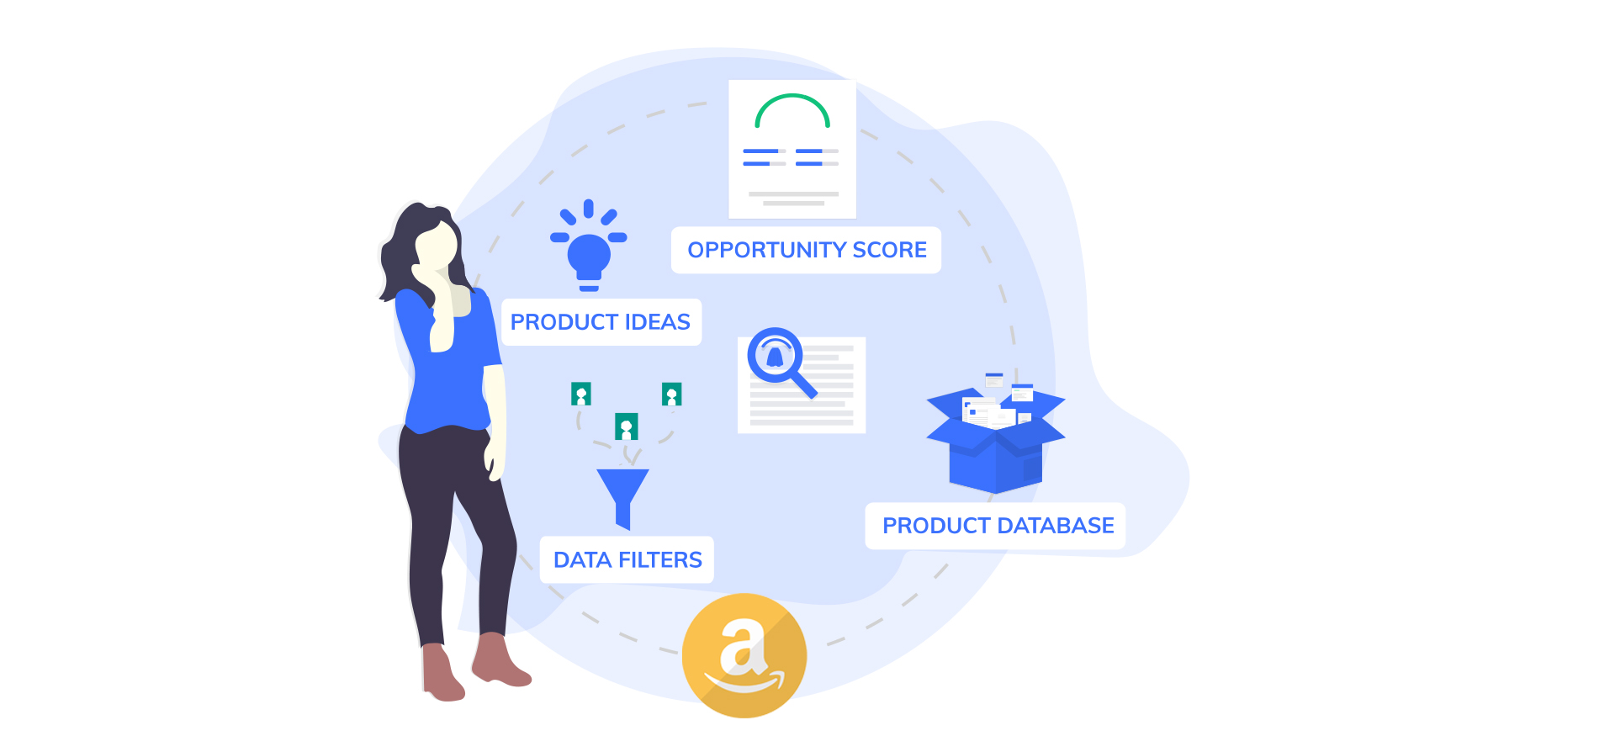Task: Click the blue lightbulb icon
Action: (x=589, y=246)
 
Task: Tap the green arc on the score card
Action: (x=792, y=109)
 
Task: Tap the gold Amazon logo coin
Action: (x=744, y=655)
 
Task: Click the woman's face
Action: (x=437, y=246)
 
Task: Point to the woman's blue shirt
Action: (x=448, y=362)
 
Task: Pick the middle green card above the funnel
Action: (x=627, y=426)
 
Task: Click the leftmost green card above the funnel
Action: (x=581, y=394)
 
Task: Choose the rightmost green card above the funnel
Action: (x=671, y=394)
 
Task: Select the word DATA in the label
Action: (x=582, y=560)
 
